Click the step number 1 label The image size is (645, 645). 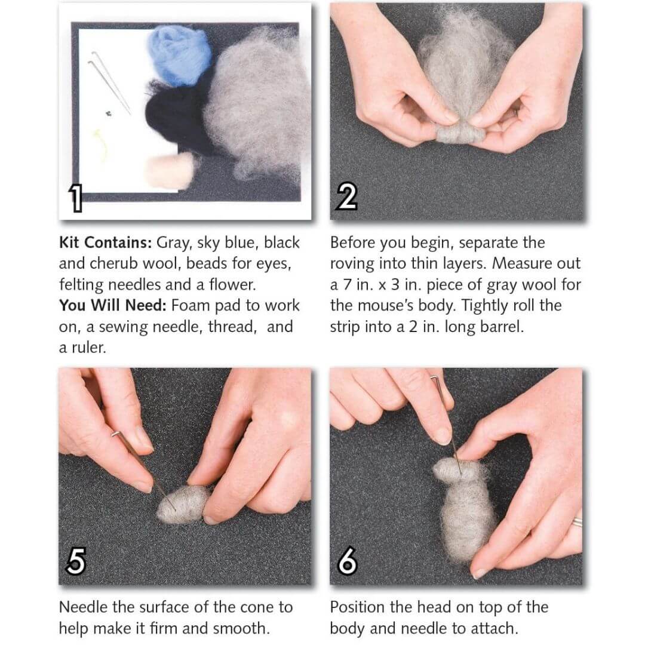76,198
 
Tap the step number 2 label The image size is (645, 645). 346,196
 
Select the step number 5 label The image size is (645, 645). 75,561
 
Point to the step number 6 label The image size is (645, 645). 347,560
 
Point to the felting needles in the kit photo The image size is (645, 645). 109,82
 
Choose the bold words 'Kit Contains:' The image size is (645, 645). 106,242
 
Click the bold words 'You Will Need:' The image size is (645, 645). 113,305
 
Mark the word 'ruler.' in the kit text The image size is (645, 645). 88,348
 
